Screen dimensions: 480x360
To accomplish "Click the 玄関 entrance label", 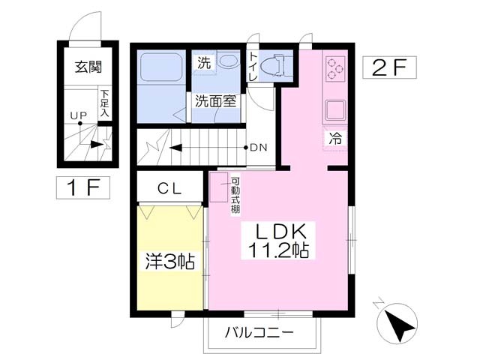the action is click(x=88, y=67).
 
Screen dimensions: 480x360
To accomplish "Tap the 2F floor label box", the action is click(x=389, y=67).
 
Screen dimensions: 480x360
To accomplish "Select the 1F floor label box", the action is click(x=83, y=187).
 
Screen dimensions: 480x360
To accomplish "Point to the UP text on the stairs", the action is click(x=79, y=115).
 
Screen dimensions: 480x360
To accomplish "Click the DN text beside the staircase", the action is click(x=259, y=148).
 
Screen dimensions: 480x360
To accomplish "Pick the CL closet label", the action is click(x=169, y=189).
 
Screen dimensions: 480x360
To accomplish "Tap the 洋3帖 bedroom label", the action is click(x=169, y=261).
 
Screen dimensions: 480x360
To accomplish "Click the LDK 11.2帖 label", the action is click(x=278, y=241).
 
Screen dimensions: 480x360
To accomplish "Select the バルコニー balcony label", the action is click(x=259, y=332).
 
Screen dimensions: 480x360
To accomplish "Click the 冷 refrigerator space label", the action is click(x=335, y=138).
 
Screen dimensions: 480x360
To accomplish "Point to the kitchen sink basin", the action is click(x=335, y=110).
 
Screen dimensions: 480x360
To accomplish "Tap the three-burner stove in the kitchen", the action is click(x=335, y=69).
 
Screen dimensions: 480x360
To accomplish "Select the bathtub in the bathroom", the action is click(x=161, y=67).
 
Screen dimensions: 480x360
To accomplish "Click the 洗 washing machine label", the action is click(x=203, y=63).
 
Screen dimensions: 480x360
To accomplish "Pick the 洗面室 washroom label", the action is click(x=216, y=101).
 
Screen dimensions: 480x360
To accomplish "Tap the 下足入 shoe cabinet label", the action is click(x=105, y=103).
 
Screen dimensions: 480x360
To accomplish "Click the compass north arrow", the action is click(x=397, y=323).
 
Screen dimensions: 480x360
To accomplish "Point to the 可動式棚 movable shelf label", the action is click(x=235, y=195).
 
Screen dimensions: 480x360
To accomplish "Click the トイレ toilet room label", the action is click(x=253, y=67).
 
